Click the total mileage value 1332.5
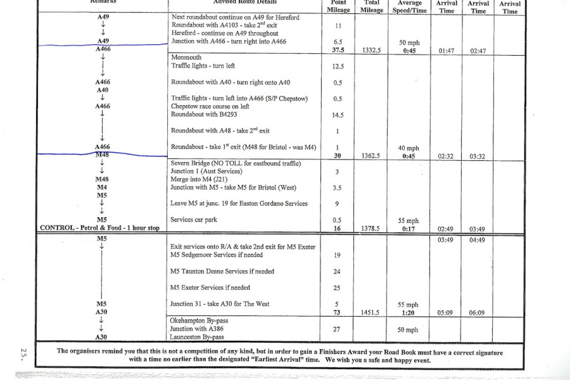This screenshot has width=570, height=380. pyautogui.click(x=371, y=50)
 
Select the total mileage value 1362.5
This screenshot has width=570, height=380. pyautogui.click(x=371, y=155)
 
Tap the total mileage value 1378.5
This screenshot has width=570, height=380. pyautogui.click(x=371, y=229)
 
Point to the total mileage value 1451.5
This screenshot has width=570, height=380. pyautogui.click(x=371, y=312)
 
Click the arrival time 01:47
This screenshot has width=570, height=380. pyautogui.click(x=447, y=50)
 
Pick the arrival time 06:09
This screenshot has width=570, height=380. pyautogui.click(x=478, y=312)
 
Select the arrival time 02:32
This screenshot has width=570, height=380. pyautogui.click(x=447, y=155)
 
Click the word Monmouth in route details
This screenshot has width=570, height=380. pyautogui.click(x=186, y=58)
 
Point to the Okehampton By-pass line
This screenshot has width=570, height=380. pyautogui.click(x=199, y=321)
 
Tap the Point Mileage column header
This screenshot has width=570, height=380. pyautogui.click(x=338, y=6)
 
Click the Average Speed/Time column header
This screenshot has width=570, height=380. pyautogui.click(x=409, y=6)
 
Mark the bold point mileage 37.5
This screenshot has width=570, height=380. pyautogui.click(x=338, y=50)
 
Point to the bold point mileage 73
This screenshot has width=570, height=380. pyautogui.click(x=338, y=312)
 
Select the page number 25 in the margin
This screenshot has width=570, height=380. pyautogui.click(x=23, y=355)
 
